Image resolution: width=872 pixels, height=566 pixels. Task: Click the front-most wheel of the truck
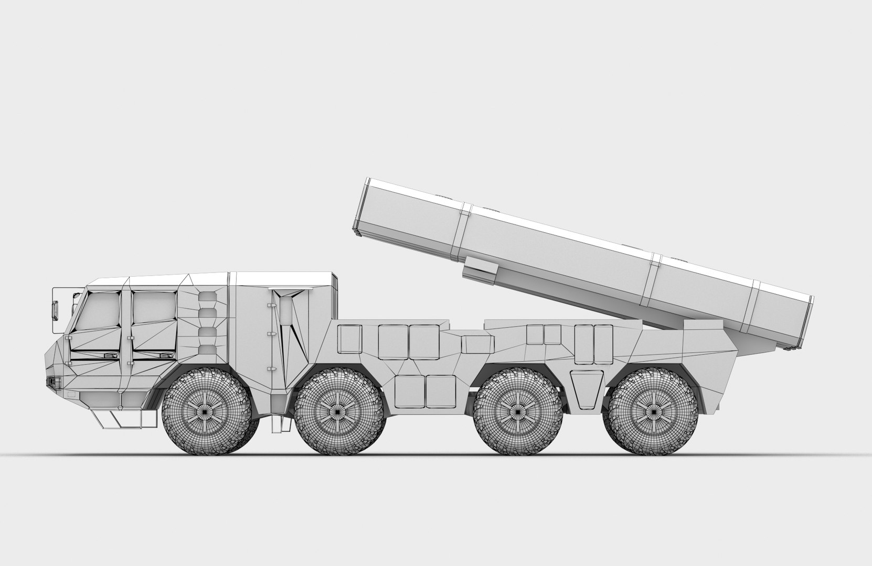[207, 411]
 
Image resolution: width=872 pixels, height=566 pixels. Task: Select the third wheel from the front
[518, 411]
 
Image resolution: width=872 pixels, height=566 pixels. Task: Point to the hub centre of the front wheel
[207, 412]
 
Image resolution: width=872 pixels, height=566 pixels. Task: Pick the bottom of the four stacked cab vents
[208, 350]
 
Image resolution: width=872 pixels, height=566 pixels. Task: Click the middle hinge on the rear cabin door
[269, 333]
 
